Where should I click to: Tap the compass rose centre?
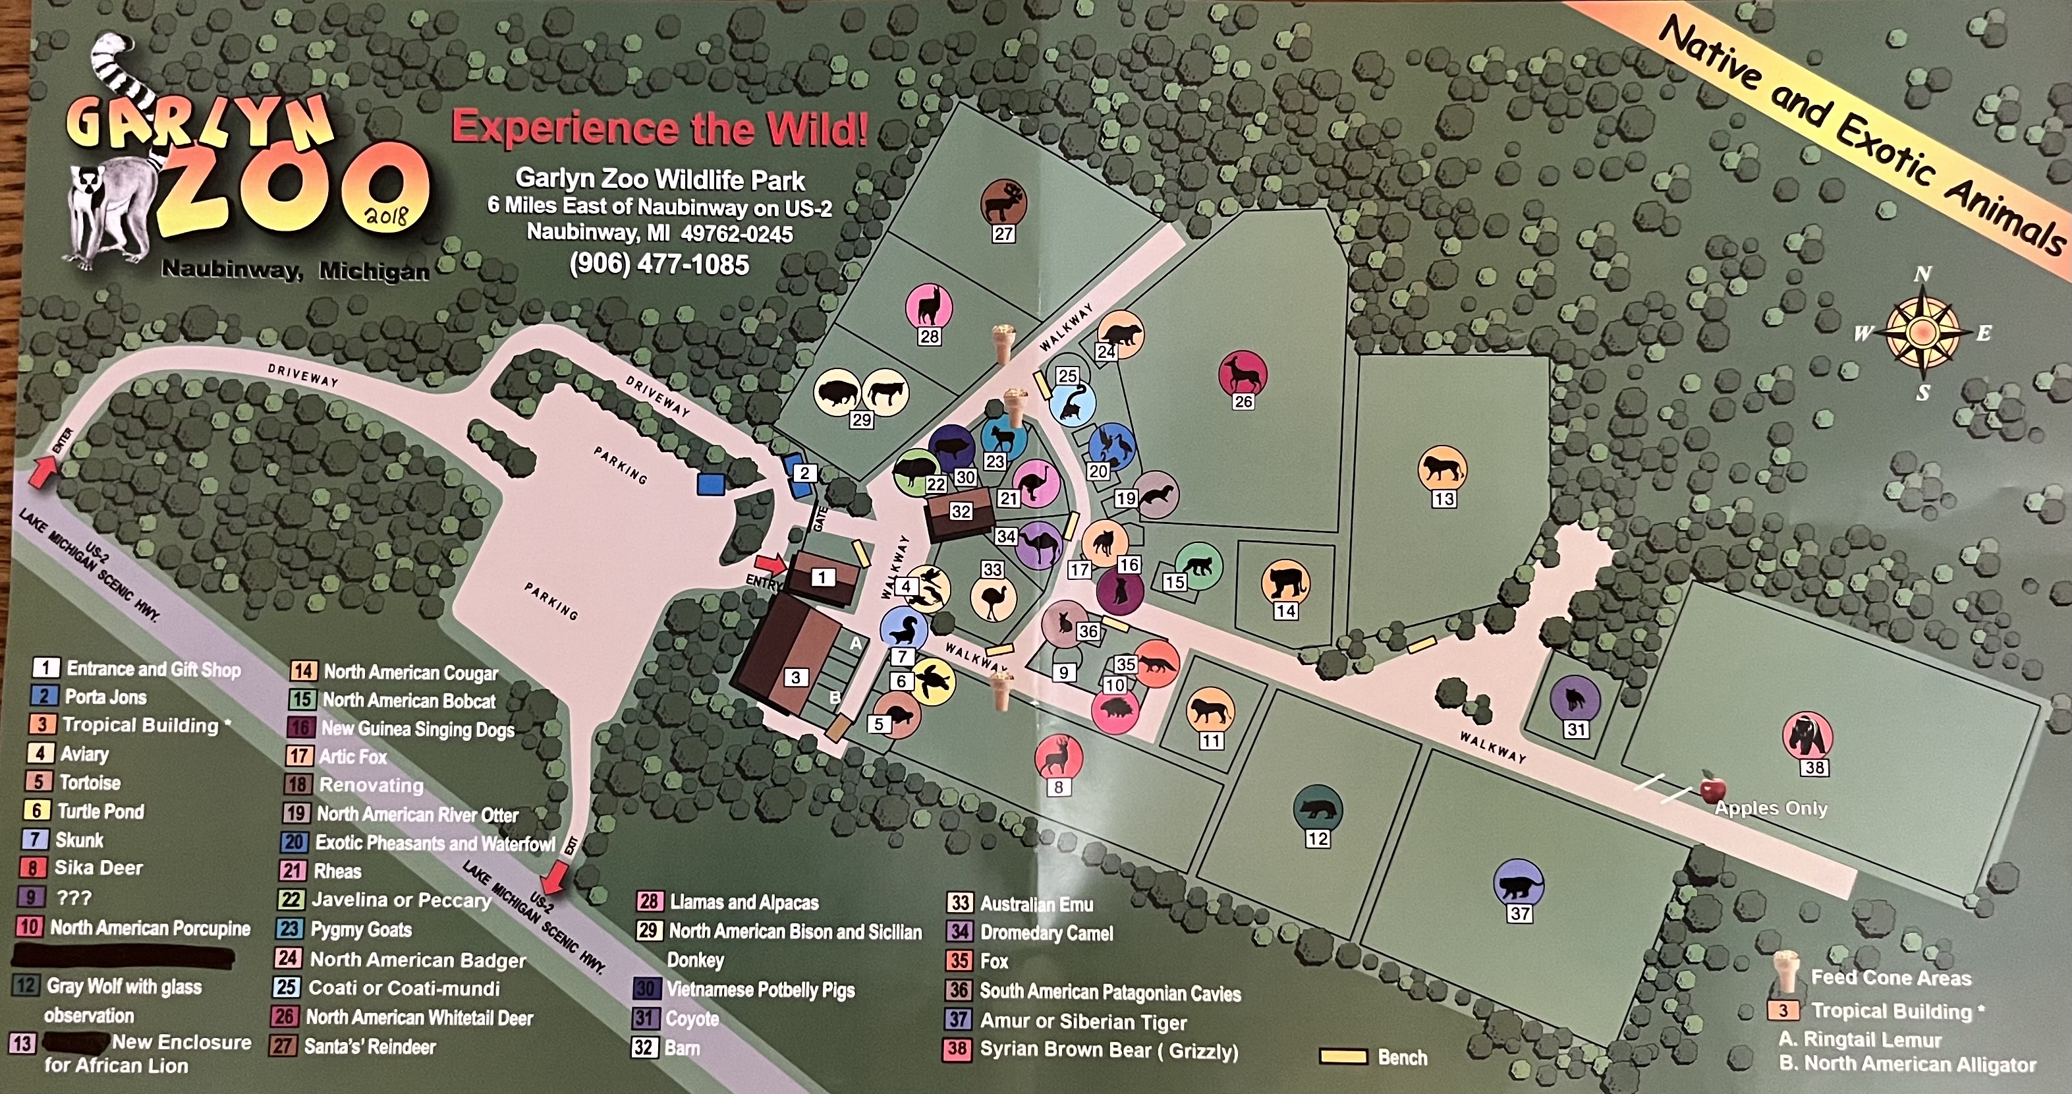1922,331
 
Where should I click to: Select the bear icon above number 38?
1807,735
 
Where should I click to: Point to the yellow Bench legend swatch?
1344,1056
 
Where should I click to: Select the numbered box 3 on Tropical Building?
795,677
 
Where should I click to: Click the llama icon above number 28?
929,306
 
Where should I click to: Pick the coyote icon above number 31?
1575,698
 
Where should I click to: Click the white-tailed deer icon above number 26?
1243,372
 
